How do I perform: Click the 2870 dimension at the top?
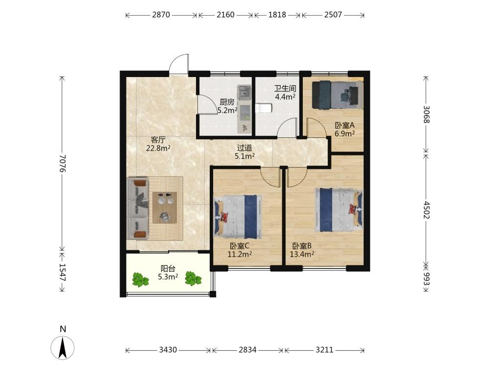pos(161,15)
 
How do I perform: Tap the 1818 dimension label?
pos(277,15)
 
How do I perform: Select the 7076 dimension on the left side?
pos(62,163)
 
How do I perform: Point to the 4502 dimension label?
pos(426,210)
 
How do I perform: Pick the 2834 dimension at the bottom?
pos(247,349)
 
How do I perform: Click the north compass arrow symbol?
pos(63,347)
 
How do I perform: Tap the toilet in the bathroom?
pos(264,108)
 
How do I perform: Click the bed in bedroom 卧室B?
pos(339,210)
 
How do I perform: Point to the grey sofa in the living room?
pos(138,209)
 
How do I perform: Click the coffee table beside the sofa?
pos(165,208)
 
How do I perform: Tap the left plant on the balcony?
pos(140,280)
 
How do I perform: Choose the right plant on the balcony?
pos(193,279)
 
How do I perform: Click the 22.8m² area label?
pos(158,148)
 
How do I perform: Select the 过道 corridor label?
pos(245,148)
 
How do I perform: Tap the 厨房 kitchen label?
pos(227,102)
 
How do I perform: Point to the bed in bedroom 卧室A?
pos(338,95)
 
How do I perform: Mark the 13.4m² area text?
pos(302,254)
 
